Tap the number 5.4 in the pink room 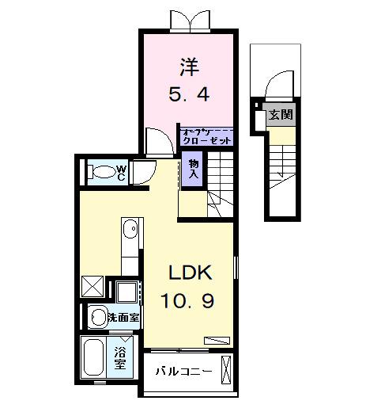coord(189,95)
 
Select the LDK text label coord(189,273)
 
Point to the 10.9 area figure coord(189,303)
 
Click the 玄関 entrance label coord(281,115)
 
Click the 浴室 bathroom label coord(121,359)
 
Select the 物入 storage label coord(193,168)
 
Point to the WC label coord(121,170)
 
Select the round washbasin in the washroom coord(97,318)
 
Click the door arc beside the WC coord(142,172)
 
